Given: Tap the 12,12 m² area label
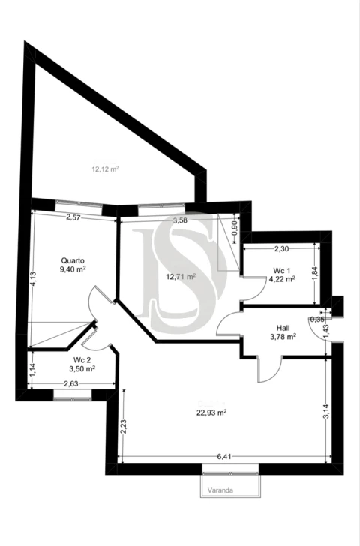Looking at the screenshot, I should pos(106,169).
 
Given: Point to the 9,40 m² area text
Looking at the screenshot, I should pos(72,268).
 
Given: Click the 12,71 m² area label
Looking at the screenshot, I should pos(181,276).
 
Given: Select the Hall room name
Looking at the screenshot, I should pos(283,328).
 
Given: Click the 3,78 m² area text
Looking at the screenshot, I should pos(283,337).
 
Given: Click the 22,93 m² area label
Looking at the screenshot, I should pos(212,412).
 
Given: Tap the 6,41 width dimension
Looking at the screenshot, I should pos(224,456).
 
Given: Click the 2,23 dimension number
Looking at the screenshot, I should pos(123,427).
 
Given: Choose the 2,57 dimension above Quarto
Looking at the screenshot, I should pos(73,217).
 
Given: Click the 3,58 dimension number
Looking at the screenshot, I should pos(180,220).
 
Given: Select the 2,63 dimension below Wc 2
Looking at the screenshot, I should pos(72,384).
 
